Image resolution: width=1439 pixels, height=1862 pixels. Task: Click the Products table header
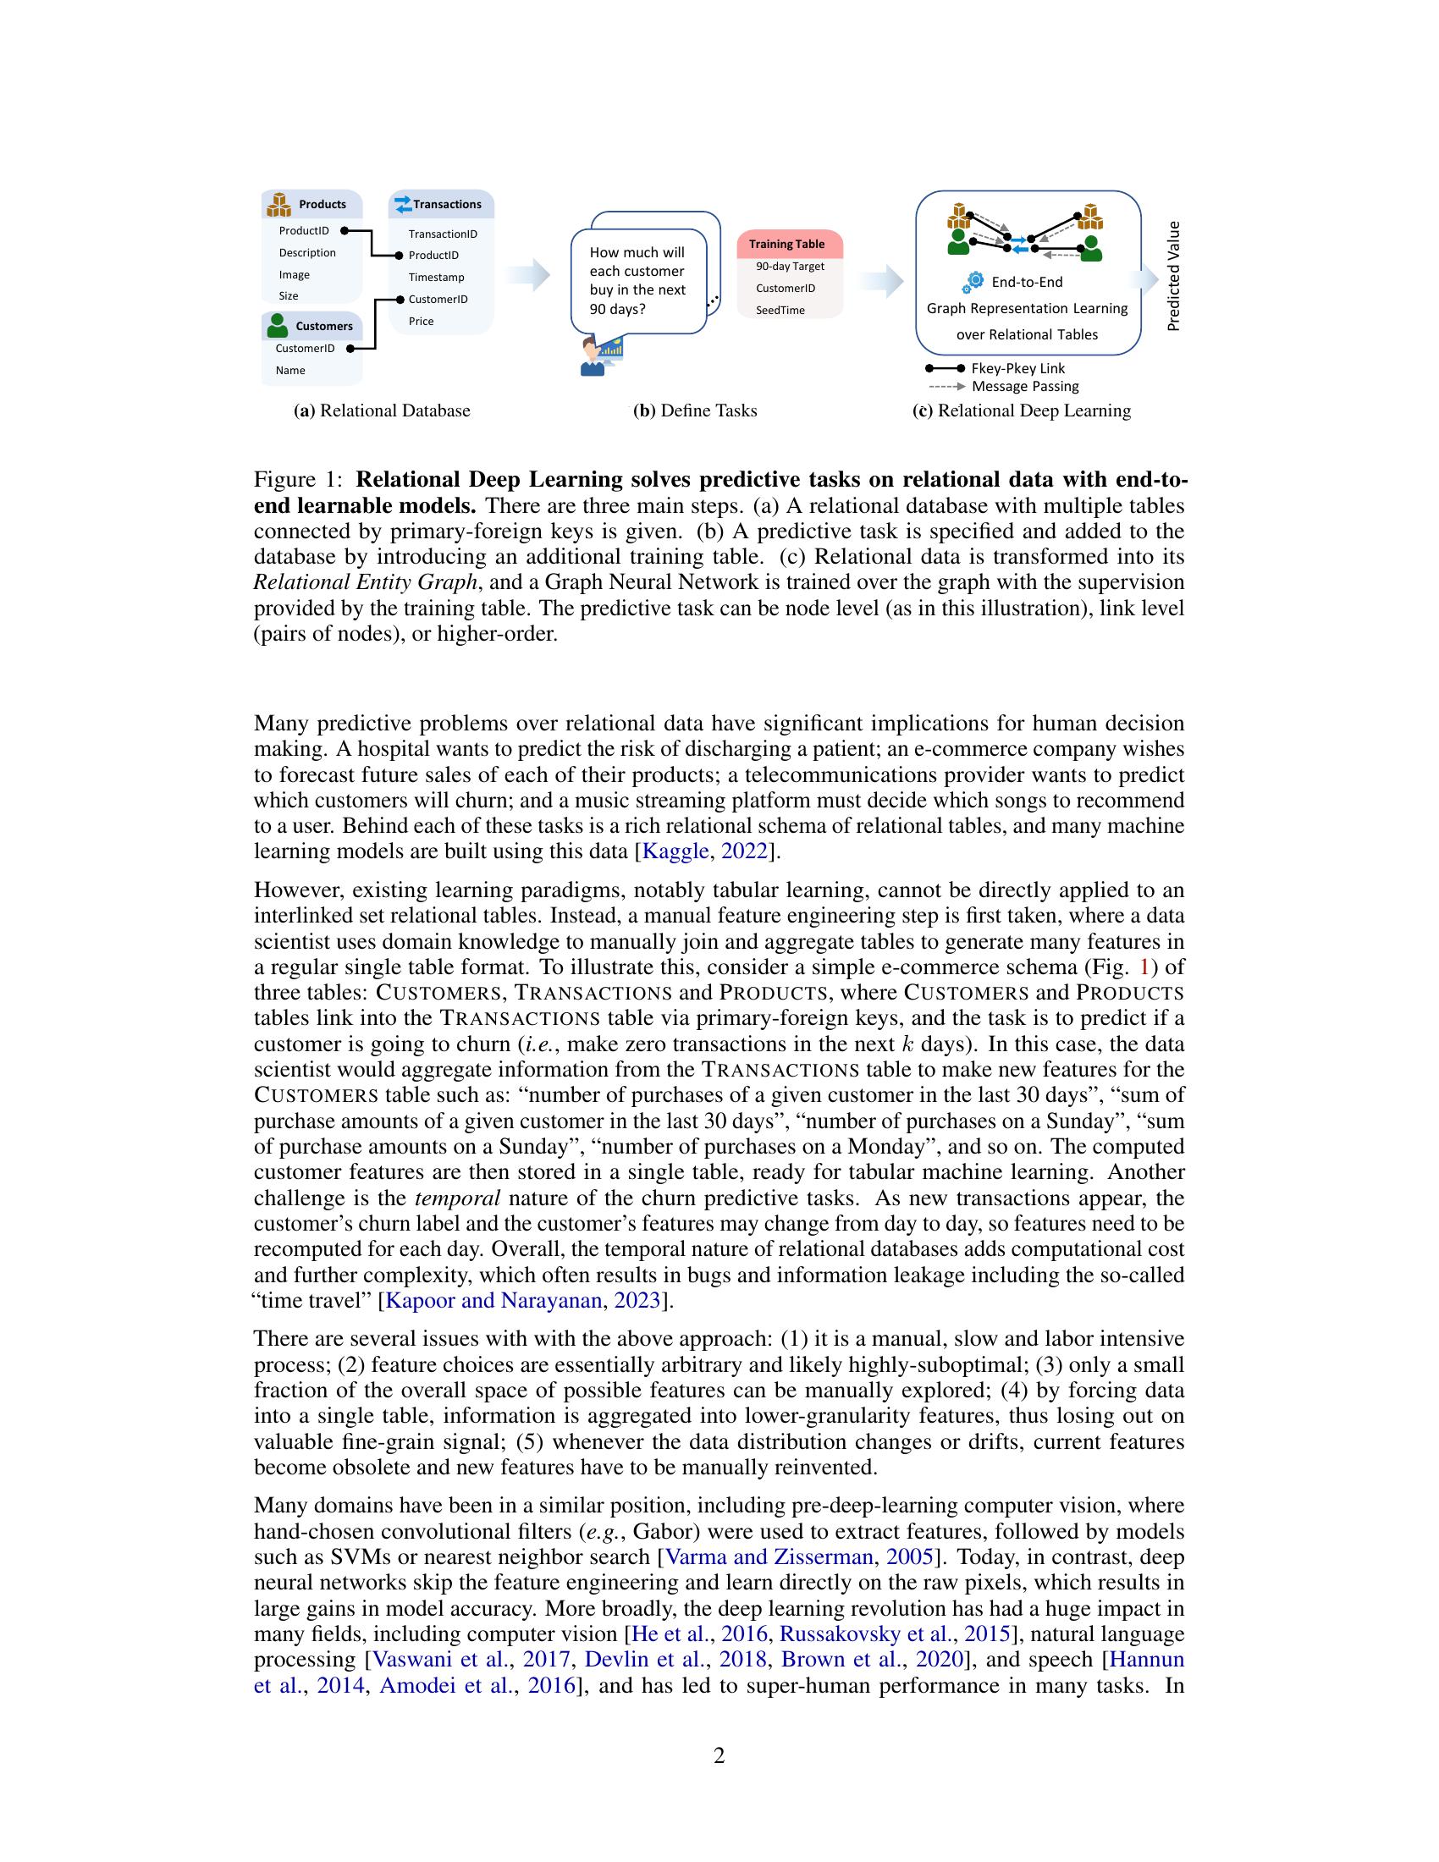click(312, 205)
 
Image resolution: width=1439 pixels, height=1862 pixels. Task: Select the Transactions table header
click(442, 205)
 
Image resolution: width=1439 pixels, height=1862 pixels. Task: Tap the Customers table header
click(312, 327)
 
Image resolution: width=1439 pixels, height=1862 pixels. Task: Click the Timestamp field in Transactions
click(436, 277)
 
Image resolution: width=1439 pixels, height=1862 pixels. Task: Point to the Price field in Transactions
click(422, 322)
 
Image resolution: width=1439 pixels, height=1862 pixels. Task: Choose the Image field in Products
click(294, 274)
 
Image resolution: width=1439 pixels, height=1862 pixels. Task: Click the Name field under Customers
click(289, 370)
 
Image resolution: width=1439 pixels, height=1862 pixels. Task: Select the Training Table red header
click(787, 244)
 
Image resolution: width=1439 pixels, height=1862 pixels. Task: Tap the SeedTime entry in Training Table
click(780, 311)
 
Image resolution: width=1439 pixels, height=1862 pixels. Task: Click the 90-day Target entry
click(790, 266)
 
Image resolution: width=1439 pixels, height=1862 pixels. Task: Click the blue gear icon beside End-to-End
click(973, 282)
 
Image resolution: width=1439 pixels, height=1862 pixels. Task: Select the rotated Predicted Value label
click(1174, 276)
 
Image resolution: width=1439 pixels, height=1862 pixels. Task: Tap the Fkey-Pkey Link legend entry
click(1017, 368)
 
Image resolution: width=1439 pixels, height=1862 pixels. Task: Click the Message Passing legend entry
click(1025, 386)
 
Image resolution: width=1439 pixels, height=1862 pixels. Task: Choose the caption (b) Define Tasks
click(695, 411)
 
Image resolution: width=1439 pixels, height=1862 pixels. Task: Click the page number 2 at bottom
click(719, 1755)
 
